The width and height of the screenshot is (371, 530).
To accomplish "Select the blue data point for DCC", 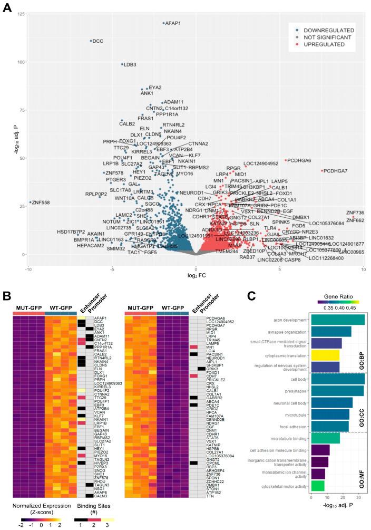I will click(x=91, y=41).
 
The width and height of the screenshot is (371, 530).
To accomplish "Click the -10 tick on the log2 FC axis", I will click(x=28, y=269).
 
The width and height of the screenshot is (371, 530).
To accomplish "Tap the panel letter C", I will click(x=251, y=297).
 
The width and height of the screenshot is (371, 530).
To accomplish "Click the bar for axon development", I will click(x=338, y=320).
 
